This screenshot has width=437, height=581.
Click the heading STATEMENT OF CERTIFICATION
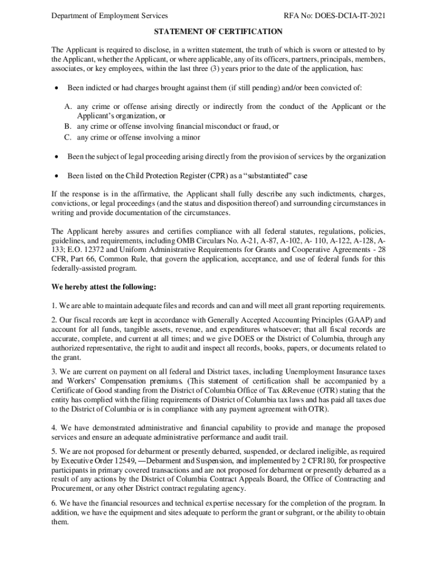[218, 32]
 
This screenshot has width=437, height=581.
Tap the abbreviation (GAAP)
[357, 319]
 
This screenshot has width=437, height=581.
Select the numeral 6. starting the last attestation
[54, 503]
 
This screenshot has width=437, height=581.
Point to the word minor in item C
[191, 137]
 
